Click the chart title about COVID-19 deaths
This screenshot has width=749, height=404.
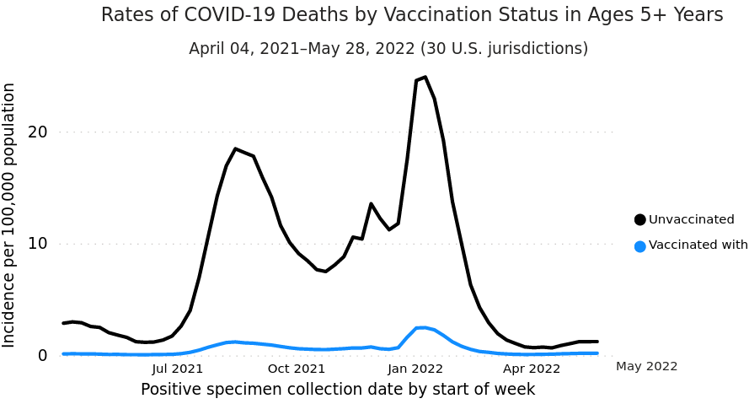(412, 15)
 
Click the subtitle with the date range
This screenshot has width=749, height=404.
(388, 49)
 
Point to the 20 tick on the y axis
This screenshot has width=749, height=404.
(37, 132)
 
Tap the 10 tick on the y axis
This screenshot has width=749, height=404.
(37, 244)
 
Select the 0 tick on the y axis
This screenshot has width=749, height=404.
(42, 355)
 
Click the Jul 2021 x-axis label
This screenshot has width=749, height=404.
(177, 369)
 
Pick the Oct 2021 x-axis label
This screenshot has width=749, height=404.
(297, 369)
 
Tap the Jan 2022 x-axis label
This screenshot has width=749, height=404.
(415, 369)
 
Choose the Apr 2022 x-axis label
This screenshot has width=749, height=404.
(532, 369)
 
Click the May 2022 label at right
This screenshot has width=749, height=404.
(646, 366)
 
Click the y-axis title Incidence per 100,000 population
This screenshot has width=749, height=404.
(9, 215)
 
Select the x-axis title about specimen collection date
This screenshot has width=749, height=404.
(338, 390)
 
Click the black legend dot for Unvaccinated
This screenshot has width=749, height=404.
(640, 220)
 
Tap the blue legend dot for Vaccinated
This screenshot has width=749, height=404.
(640, 246)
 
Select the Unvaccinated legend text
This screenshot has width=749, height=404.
(692, 220)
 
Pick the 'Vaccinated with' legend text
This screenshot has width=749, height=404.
(698, 245)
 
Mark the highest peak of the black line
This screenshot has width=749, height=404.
(425, 78)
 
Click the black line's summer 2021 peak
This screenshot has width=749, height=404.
(236, 149)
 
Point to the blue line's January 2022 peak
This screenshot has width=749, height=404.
(423, 327)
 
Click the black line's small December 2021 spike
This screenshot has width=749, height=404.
(371, 204)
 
